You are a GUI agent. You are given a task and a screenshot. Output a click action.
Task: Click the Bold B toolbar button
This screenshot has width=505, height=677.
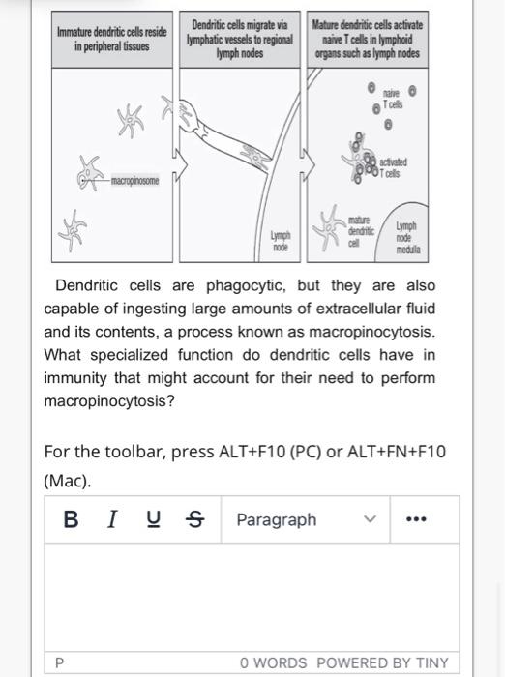pyautogui.click(x=71, y=519)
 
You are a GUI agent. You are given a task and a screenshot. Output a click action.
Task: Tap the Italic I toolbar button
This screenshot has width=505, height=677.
pyautogui.click(x=112, y=519)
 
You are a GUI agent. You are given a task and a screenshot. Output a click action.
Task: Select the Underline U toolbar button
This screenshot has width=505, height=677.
pyautogui.click(x=153, y=519)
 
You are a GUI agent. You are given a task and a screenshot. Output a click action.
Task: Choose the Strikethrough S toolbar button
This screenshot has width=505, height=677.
pyautogui.click(x=194, y=519)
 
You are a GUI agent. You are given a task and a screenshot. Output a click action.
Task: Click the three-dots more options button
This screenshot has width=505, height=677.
pyautogui.click(x=416, y=519)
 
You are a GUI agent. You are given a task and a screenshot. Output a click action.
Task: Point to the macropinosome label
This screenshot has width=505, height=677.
pyautogui.click(x=134, y=181)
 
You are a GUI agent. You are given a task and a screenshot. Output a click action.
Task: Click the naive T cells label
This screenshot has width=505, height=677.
pyautogui.click(x=393, y=98)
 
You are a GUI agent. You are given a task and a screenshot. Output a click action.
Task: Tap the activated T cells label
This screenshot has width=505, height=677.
pyautogui.click(x=394, y=166)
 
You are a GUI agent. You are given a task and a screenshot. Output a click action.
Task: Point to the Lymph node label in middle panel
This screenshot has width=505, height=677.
pyautogui.click(x=281, y=241)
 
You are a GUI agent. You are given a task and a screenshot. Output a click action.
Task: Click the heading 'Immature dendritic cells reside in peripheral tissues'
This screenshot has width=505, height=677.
pyautogui.click(x=111, y=39)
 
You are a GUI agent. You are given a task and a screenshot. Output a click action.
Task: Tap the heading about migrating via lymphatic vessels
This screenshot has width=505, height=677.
pyautogui.click(x=241, y=39)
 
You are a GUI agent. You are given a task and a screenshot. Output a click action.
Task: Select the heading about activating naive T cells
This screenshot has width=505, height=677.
pyautogui.click(x=368, y=39)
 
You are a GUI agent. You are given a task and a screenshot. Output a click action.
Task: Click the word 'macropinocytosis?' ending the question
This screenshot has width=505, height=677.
pyautogui.click(x=109, y=400)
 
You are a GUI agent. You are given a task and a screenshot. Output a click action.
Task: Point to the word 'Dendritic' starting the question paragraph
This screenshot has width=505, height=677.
pyautogui.click(x=88, y=285)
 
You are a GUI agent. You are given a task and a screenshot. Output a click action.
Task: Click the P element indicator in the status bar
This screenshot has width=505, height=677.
pyautogui.click(x=60, y=662)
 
